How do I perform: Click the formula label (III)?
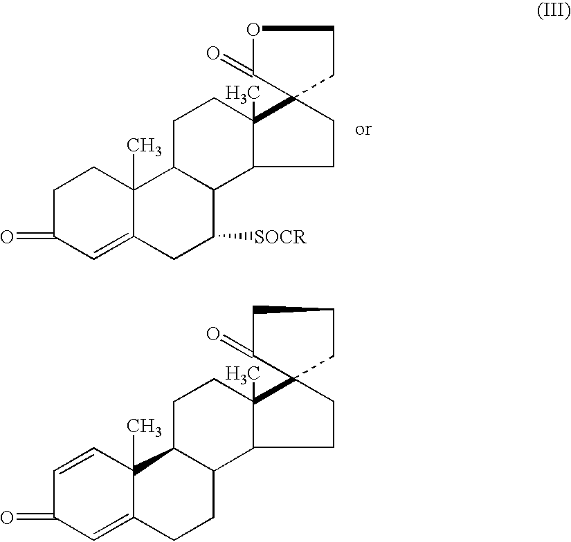point(553,15)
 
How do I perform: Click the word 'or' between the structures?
point(363,130)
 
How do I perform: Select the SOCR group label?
point(280,238)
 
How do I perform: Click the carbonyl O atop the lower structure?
point(212,335)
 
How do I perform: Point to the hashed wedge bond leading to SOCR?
point(236,238)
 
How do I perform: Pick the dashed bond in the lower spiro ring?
point(315,368)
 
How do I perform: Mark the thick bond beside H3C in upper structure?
point(273,111)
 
